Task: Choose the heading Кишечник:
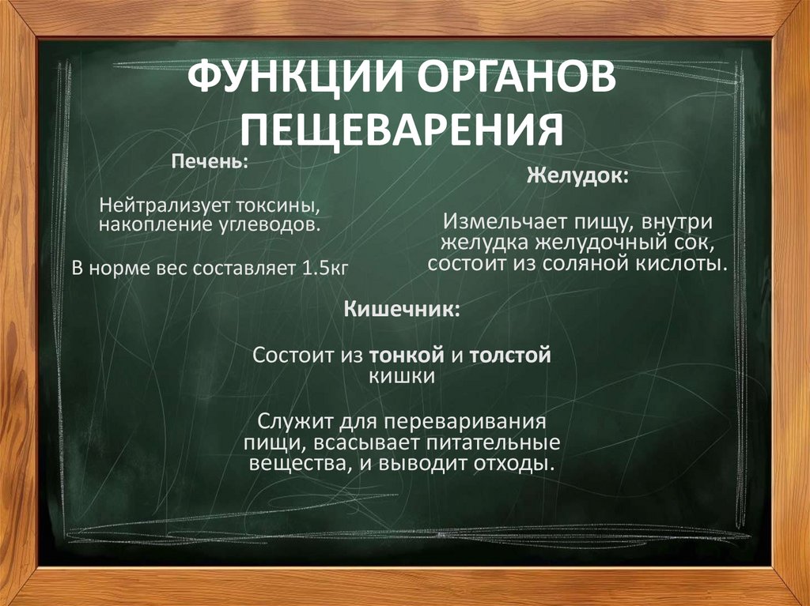point(402,308)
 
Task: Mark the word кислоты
point(684,262)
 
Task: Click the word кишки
point(402,376)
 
